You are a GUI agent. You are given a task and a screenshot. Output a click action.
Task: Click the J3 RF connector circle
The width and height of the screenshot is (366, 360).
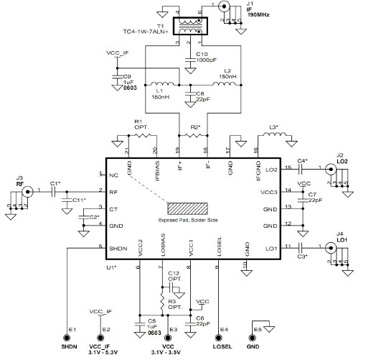[x=28, y=192]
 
